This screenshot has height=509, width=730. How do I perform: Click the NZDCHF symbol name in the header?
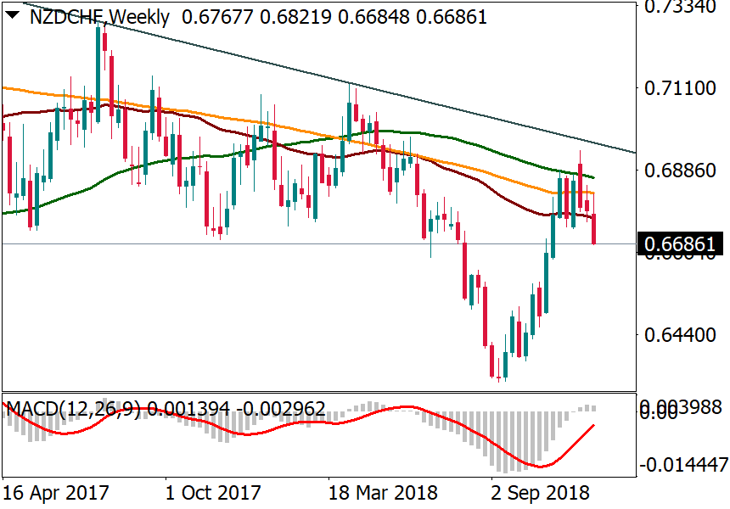[67, 16]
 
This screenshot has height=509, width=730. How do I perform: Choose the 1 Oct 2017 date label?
[212, 493]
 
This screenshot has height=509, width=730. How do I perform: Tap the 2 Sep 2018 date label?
[542, 493]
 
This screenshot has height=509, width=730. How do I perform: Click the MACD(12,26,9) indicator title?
[73, 409]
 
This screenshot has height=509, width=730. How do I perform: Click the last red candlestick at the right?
[594, 229]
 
